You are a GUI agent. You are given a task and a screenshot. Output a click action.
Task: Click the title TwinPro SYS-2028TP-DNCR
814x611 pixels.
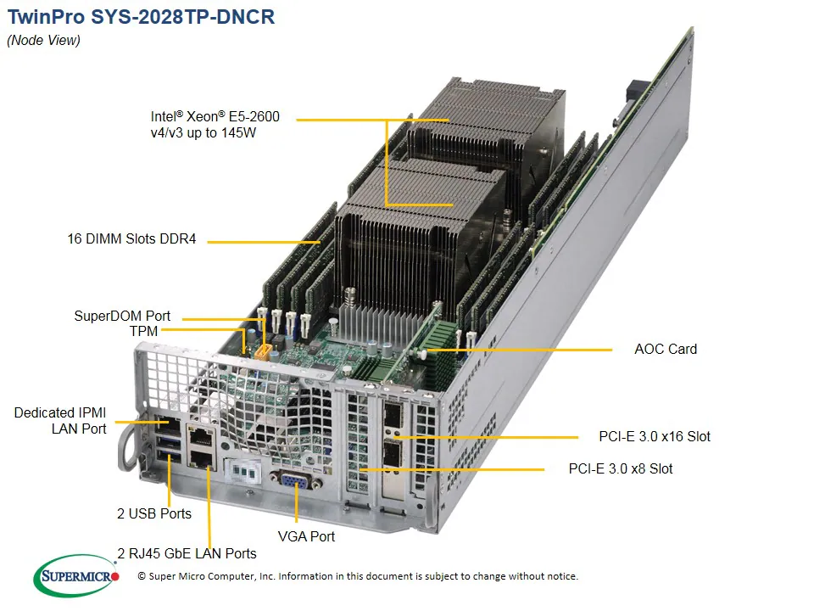click(x=141, y=17)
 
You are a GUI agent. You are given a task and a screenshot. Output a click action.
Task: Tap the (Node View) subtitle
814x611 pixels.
click(x=43, y=41)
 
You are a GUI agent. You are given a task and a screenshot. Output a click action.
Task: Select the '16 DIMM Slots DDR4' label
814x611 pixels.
click(x=131, y=239)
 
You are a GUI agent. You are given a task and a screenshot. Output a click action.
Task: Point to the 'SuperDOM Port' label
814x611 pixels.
click(x=122, y=317)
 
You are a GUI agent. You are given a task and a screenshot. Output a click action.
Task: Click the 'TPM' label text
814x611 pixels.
click(x=144, y=331)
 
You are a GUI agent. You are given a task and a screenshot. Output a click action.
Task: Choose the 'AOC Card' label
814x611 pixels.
click(x=666, y=349)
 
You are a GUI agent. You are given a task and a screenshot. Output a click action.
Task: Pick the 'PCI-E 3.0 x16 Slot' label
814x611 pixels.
click(x=655, y=437)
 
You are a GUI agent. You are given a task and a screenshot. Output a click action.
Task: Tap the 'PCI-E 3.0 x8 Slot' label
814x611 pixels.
click(x=621, y=468)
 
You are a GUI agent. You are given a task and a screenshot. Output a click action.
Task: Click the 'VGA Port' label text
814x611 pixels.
click(x=306, y=536)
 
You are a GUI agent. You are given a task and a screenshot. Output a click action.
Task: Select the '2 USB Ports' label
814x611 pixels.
click(x=154, y=513)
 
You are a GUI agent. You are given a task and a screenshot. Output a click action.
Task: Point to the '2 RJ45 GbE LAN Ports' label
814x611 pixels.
click(x=187, y=553)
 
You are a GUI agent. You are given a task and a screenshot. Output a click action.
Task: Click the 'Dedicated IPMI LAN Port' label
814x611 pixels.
click(x=60, y=421)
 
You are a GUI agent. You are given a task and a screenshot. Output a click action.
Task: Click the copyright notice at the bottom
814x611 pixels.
click(x=357, y=576)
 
